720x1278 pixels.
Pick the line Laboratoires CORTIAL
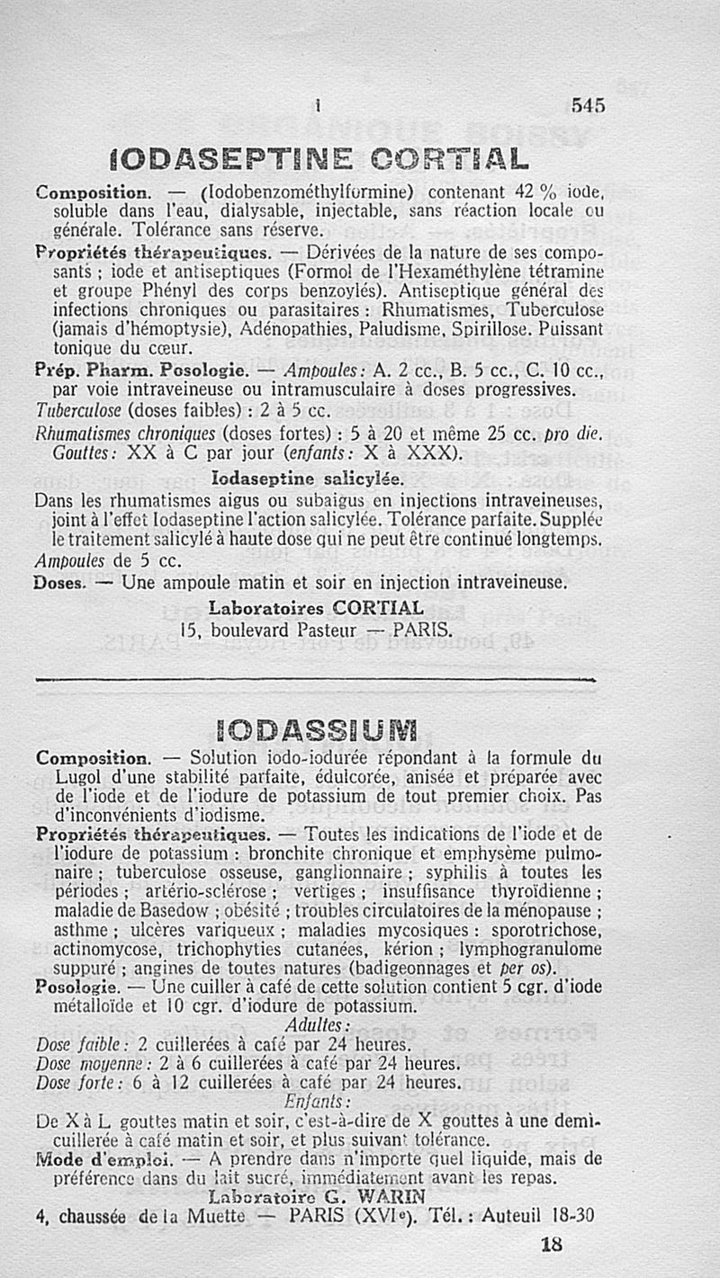316,608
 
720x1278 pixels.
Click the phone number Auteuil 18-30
538,1217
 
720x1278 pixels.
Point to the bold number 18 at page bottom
552,1246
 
